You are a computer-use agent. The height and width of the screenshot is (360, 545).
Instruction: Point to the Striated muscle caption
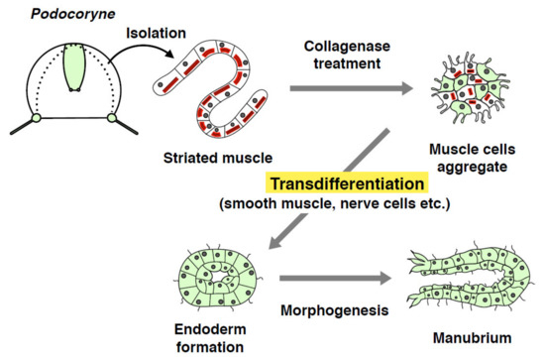pyautogui.click(x=217, y=157)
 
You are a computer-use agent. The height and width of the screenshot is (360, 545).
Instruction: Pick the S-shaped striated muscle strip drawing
pyautogui.click(x=214, y=94)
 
